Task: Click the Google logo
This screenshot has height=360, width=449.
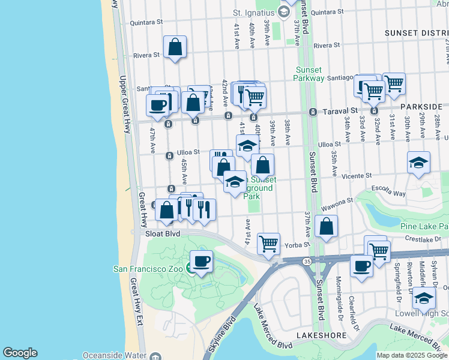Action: pos(20,353)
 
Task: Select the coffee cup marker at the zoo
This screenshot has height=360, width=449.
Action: pos(201,262)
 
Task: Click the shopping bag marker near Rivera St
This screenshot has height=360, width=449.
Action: pos(175,47)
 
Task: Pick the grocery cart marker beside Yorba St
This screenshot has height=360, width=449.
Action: pos(268,244)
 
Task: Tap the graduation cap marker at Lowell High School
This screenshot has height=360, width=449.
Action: pos(424,298)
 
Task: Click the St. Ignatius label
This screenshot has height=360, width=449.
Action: pos(253,12)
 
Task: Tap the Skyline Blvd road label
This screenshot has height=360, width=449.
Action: pos(220,338)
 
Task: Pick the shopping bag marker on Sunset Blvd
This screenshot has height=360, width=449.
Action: pos(326,227)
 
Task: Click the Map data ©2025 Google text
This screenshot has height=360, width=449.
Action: pos(412,355)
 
